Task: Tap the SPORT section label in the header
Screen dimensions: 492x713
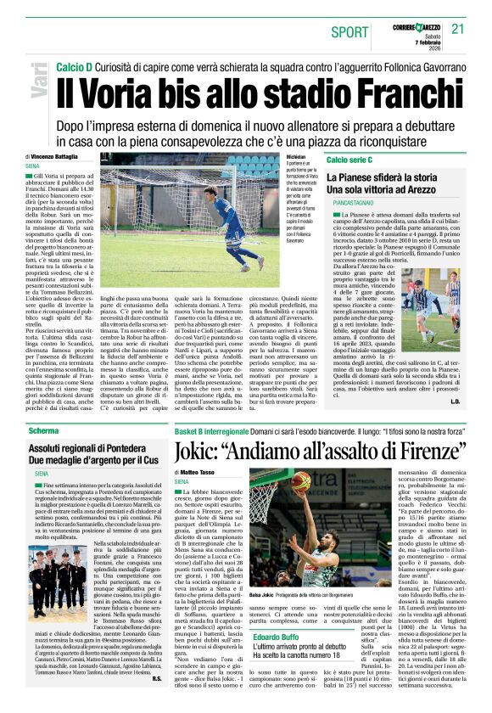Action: [350, 31]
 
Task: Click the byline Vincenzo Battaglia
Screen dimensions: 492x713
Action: [55, 157]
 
